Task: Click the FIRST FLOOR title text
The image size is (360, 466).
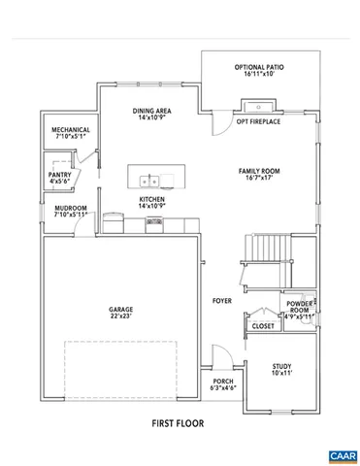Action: pos(178,423)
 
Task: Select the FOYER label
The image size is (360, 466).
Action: pos(222,301)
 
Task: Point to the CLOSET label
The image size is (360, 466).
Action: pos(263,326)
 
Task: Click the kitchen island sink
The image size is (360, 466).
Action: pos(150,180)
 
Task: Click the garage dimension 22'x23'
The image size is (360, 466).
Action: pos(120,316)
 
